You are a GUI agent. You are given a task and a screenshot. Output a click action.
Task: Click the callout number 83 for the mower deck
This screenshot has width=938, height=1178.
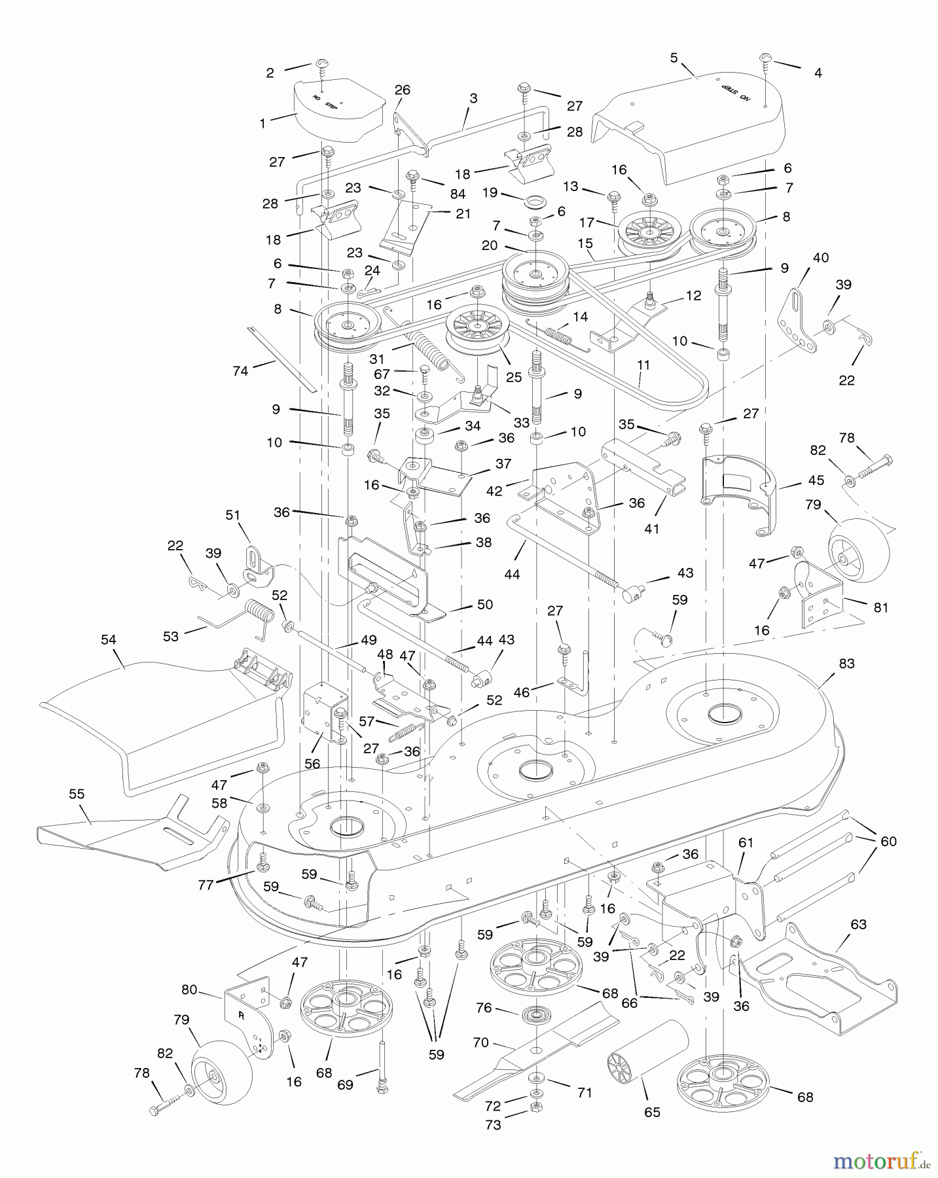[x=846, y=664]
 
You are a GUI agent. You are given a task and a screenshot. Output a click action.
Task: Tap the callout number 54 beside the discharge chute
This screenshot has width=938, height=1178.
[x=109, y=639]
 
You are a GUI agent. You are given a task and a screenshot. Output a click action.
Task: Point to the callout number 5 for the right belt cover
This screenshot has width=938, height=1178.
[x=674, y=57]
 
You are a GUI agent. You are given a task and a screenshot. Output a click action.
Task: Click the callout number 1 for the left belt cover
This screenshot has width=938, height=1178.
[x=263, y=124]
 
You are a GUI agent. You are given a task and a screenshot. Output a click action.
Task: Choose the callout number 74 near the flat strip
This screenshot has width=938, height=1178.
[x=241, y=371]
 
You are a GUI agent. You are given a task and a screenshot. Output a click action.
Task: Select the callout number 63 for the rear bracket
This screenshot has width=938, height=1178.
[x=858, y=925]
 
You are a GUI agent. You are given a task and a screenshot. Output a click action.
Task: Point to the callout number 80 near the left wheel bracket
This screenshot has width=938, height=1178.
[x=189, y=990]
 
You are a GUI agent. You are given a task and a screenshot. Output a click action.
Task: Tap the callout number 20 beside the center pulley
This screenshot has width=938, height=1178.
[x=490, y=245]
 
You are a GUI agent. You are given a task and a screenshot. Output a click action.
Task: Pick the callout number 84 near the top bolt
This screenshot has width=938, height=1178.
[x=458, y=194]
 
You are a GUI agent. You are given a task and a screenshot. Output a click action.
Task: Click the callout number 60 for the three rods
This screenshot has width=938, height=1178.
[x=888, y=841]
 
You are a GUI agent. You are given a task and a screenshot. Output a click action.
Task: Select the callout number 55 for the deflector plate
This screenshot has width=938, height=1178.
[x=77, y=794]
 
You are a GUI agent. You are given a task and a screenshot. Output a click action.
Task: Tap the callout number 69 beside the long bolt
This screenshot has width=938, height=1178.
[x=345, y=1084]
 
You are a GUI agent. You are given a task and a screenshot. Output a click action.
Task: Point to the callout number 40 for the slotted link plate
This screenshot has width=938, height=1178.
[x=820, y=258]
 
